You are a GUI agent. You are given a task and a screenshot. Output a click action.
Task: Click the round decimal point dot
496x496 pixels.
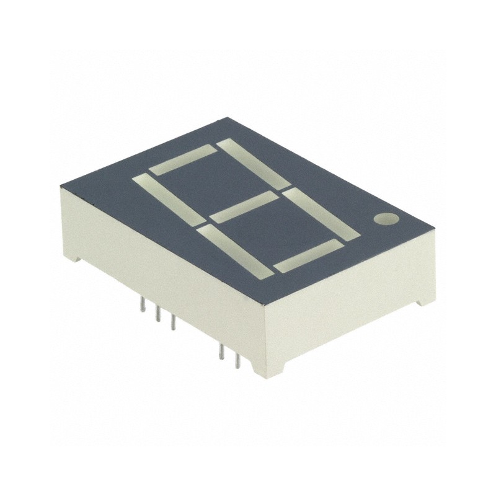(386, 219)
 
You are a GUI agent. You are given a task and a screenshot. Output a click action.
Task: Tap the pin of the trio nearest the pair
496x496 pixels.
(173, 322)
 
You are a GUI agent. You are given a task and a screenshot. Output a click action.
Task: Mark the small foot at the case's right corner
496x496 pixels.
(423, 302)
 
